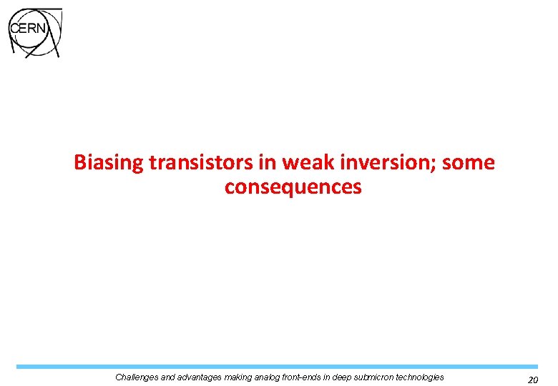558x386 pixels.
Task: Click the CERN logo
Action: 34,32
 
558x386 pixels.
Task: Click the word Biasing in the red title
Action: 109,163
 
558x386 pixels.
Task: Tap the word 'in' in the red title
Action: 268,163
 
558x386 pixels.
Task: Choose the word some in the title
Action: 468,163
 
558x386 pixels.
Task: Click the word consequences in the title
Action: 293,187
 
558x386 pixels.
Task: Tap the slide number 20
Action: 532,380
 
